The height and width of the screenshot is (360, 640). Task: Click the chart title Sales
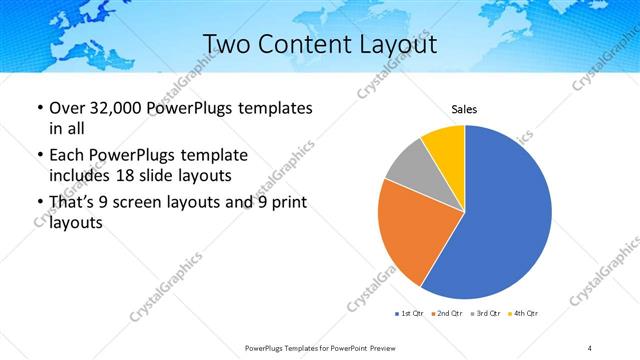pos(465,109)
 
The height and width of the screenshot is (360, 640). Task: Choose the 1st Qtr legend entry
pos(410,314)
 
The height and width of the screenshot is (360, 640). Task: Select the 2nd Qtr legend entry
pos(447,314)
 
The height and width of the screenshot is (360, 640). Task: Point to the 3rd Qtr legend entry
pos(485,314)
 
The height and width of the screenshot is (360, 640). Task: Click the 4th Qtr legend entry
pos(523,314)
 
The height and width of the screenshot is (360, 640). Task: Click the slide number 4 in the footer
pos(590,347)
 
